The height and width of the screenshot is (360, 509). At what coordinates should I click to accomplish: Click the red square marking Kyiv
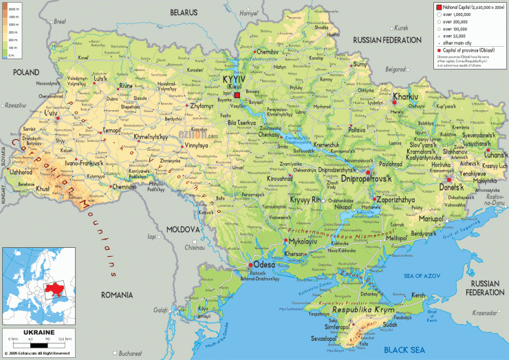tap(237, 95)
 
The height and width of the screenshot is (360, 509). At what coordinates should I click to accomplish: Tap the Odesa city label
tap(264, 264)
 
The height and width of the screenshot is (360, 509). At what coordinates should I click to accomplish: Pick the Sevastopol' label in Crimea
tap(323, 339)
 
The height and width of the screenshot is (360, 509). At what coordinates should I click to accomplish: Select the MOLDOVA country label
tap(182, 229)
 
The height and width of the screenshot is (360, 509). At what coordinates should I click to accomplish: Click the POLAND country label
tap(25, 71)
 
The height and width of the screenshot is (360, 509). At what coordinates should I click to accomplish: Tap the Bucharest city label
tap(129, 353)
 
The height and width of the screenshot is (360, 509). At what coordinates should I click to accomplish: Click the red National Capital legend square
tap(439, 7)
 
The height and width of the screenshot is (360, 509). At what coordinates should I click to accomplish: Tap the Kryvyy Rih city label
tap(306, 200)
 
